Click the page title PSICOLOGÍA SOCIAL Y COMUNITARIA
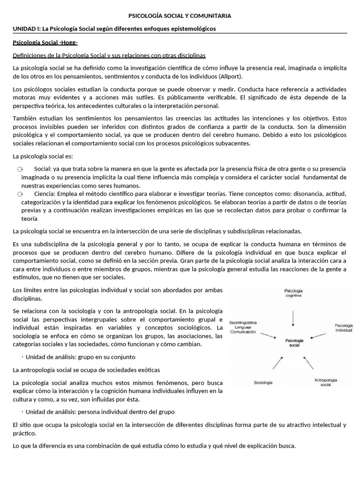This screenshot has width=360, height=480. click(180, 16)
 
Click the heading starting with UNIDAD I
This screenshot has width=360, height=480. click(114, 29)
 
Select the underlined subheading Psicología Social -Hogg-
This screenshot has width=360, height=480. click(45, 43)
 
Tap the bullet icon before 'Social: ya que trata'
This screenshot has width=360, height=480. click(20, 169)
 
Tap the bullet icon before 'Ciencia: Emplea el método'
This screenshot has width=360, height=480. click(20, 194)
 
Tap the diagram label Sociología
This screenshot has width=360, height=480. click(263, 382)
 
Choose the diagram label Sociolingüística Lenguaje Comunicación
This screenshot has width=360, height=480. click(243, 327)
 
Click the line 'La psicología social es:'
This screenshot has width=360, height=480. click(43, 156)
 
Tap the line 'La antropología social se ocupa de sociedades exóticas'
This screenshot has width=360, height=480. click(86, 370)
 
